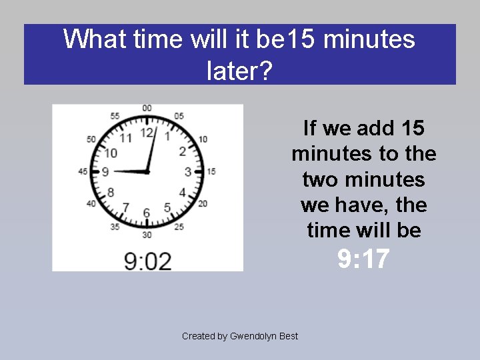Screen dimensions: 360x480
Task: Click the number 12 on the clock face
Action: point(147,133)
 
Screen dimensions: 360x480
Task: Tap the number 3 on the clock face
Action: point(188,172)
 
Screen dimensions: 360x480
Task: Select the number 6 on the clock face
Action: point(147,213)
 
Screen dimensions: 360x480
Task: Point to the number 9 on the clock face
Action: point(105,172)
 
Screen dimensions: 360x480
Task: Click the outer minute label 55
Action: point(115,116)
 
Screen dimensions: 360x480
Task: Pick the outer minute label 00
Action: point(147,108)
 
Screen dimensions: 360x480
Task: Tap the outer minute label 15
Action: point(211,171)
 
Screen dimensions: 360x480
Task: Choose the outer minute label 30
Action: point(147,235)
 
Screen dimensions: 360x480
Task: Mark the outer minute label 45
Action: point(83,171)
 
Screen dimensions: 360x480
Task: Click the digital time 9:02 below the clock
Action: point(147,260)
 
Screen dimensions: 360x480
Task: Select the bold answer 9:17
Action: point(363,259)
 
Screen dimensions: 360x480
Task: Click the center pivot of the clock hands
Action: point(147,172)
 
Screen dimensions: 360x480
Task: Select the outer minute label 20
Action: point(203,203)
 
